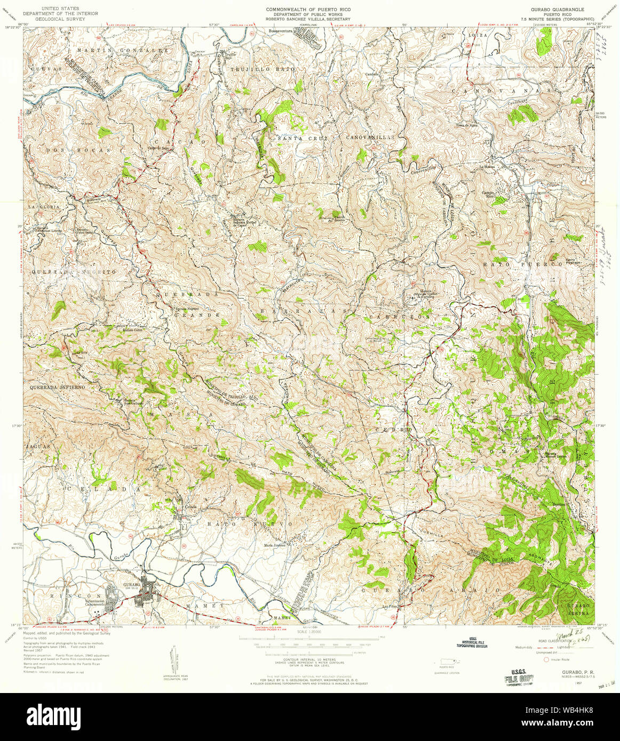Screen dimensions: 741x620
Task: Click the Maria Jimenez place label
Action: click(x=275, y=545)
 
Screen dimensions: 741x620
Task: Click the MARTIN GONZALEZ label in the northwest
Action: click(x=123, y=50)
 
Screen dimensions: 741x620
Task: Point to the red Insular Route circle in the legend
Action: click(x=545, y=659)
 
